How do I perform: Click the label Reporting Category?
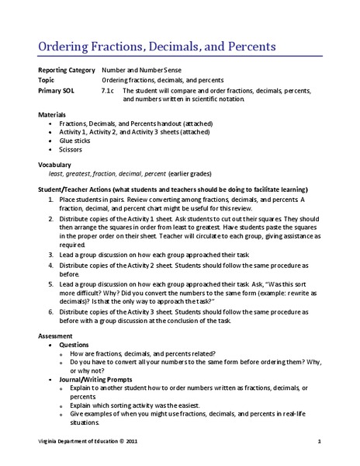point(67,71)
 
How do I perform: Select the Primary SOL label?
point(57,90)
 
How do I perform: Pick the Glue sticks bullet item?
point(76,141)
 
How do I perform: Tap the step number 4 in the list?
point(51,265)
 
